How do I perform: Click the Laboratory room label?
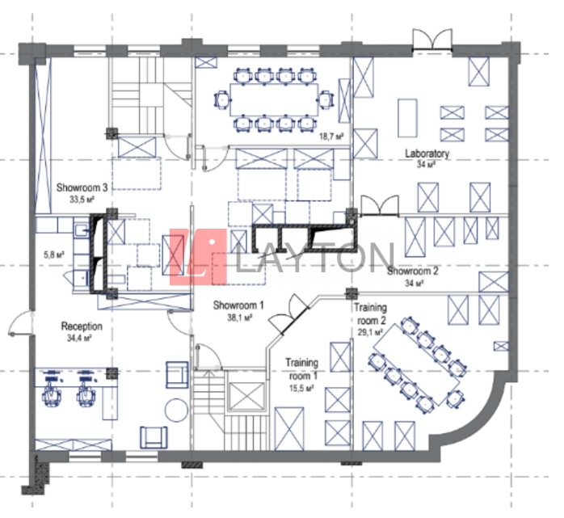pos(427,154)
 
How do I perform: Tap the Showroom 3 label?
pos(82,187)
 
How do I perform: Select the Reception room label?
pos(82,326)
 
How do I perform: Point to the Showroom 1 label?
pos(238,305)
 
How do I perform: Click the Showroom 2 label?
pos(413,271)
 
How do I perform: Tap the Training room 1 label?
pos(301,369)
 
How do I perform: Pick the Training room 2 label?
pos(371,314)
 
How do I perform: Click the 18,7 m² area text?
pos(331,137)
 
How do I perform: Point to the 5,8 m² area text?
pos(54,255)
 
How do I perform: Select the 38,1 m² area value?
pos(239,318)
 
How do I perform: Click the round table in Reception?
pos(176,409)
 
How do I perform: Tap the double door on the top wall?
pos(432,39)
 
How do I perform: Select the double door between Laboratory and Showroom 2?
pos(380,206)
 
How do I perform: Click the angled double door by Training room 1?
pos(289,314)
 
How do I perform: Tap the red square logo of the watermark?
pos(198,257)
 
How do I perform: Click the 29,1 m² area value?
pos(370,331)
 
